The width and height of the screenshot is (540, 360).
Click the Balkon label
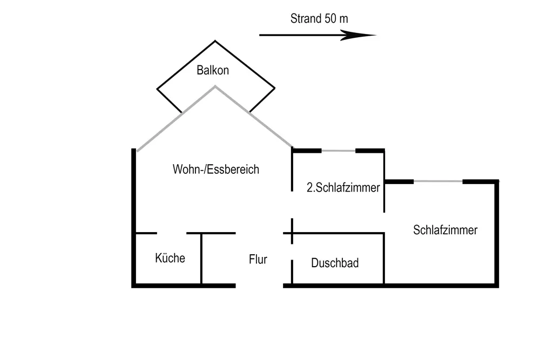pyautogui.click(x=213, y=70)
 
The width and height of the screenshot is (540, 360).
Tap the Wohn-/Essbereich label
pyautogui.click(x=216, y=169)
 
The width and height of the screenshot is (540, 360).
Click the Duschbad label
pyautogui.click(x=335, y=263)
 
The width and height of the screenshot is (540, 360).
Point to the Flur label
pyautogui.click(x=258, y=260)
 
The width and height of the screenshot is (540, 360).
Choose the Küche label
pyautogui.click(x=170, y=258)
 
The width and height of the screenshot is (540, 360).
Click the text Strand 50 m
pyautogui.click(x=319, y=18)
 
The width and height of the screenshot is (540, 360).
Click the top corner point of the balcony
pyautogui.click(x=215, y=41)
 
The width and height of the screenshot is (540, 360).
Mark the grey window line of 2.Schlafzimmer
pyautogui.click(x=339, y=151)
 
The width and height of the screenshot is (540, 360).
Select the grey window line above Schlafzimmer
pyautogui.click(x=438, y=181)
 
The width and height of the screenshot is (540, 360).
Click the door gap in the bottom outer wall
pyautogui.click(x=260, y=285)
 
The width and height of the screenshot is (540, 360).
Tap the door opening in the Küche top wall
pyautogui.click(x=172, y=233)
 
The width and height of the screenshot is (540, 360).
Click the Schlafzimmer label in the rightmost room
pyautogui.click(x=446, y=230)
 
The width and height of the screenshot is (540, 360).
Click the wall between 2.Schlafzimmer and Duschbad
pyautogui.click(x=337, y=233)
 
